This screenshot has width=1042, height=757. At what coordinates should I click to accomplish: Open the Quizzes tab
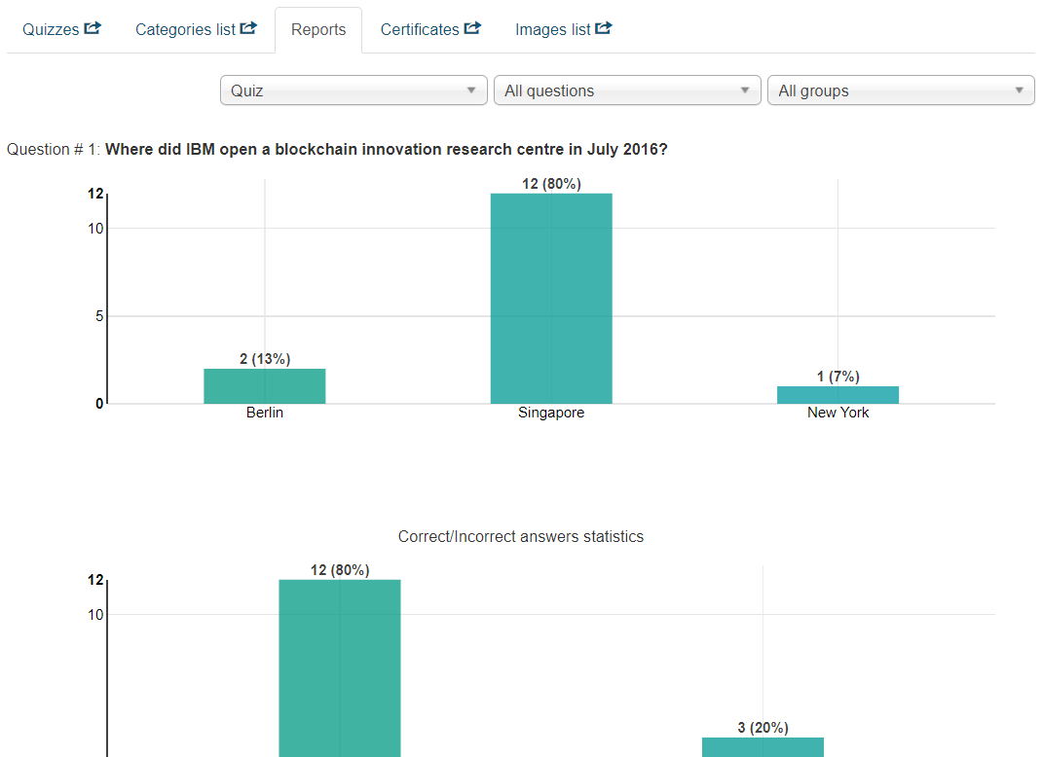[61, 29]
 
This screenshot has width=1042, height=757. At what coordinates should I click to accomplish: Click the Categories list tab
[196, 29]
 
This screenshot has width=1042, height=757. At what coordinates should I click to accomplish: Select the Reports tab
[318, 29]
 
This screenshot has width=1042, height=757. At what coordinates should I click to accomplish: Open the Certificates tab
[430, 29]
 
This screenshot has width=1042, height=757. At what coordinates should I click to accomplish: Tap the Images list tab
[563, 29]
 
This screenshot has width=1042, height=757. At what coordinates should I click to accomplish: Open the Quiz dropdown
[354, 90]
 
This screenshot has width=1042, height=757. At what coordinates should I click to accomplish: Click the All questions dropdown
[627, 90]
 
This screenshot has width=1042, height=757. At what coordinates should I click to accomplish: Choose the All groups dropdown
[901, 90]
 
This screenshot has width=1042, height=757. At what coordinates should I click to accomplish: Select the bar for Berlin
[265, 386]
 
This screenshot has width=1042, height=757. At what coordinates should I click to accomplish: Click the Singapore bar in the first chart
[551, 299]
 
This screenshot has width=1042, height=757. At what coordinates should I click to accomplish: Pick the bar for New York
[837, 395]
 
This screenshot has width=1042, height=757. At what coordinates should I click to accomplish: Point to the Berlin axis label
[265, 413]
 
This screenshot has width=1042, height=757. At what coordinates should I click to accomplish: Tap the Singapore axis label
[551, 413]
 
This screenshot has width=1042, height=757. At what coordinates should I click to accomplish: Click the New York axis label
[837, 413]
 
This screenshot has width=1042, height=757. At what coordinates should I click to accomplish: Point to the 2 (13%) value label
[265, 359]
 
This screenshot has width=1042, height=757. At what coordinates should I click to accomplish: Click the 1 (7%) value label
[837, 377]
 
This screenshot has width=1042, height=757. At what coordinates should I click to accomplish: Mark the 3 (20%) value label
[763, 728]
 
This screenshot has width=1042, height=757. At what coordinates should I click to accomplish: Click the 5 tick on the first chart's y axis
[98, 316]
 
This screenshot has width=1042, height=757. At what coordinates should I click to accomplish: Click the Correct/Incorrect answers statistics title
[521, 537]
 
